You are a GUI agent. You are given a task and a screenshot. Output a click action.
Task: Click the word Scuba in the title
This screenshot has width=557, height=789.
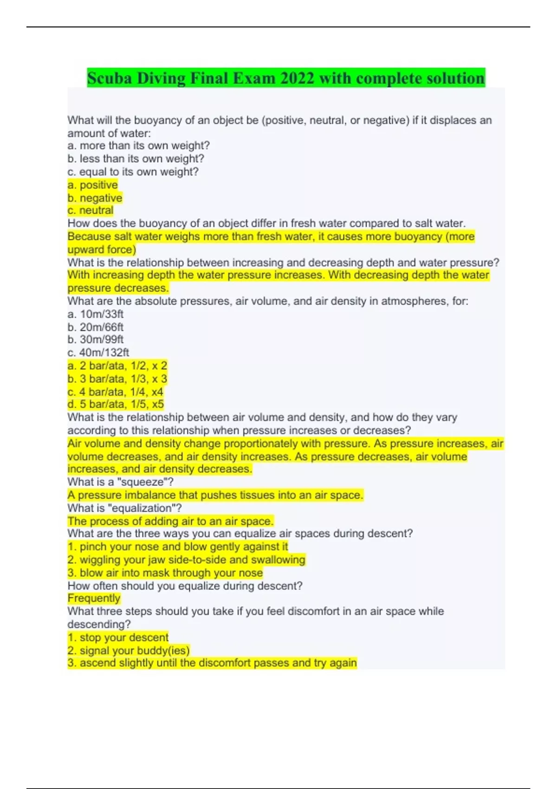pos(110,78)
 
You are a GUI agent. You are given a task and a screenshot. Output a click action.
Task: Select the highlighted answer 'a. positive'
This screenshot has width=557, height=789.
pos(93,185)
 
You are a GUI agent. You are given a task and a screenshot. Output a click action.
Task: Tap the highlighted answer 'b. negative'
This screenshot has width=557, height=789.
pos(95,198)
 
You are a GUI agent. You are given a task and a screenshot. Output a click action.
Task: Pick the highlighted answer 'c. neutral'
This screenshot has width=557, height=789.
pos(91,210)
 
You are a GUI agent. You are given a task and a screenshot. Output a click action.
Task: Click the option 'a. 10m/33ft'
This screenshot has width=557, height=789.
pos(96,314)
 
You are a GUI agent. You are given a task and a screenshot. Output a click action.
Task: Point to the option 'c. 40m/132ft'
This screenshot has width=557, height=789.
pos(98,352)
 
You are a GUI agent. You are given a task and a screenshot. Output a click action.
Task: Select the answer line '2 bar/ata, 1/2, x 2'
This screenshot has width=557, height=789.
pos(117,366)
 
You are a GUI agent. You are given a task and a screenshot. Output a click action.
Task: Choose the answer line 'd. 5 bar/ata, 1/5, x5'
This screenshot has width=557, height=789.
pos(116,404)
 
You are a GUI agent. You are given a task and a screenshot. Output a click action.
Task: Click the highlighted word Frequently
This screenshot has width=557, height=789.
pos(94,598)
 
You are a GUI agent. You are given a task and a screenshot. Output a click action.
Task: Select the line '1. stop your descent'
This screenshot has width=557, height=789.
pos(118,637)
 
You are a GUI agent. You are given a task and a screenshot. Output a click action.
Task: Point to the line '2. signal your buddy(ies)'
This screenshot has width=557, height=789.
pos(129,650)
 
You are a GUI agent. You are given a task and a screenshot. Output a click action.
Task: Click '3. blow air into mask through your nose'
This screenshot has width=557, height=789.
pos(165,573)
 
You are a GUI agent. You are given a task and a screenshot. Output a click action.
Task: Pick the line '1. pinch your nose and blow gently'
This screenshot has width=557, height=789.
pos(178,547)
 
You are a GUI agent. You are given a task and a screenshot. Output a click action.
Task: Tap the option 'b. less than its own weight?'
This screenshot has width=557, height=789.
pos(136,159)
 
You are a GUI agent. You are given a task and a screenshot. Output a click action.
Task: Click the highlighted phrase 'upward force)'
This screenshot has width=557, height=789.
pos(102,249)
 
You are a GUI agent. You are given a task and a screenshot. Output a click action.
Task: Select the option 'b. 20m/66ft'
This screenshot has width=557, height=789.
pos(96,327)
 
